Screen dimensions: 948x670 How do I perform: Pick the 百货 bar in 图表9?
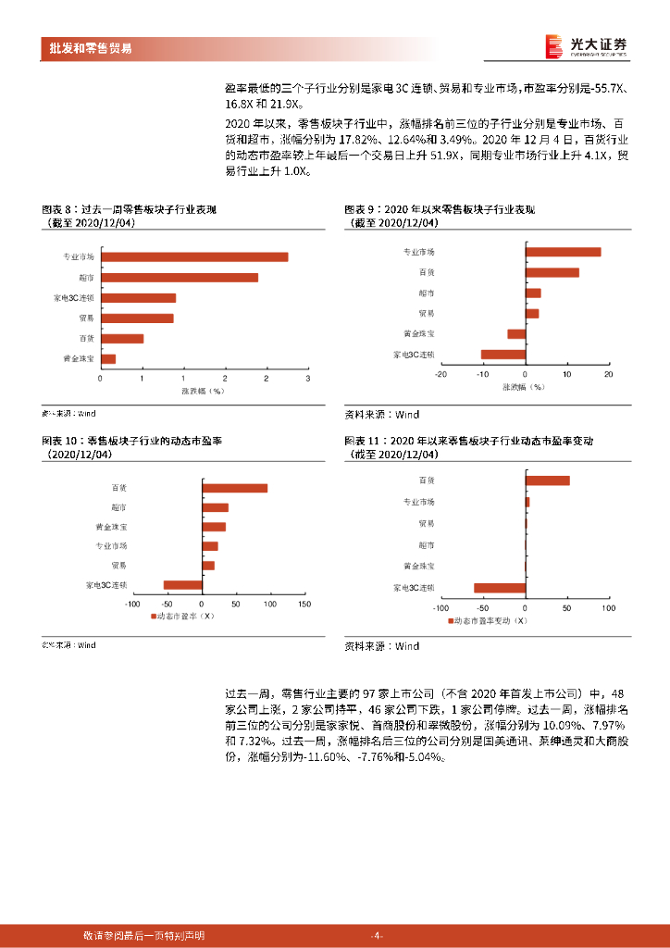pyautogui.click(x=552, y=272)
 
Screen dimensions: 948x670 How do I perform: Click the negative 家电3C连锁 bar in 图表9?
pyautogui.click(x=503, y=355)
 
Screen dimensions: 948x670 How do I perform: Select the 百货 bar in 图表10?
pyautogui.click(x=235, y=488)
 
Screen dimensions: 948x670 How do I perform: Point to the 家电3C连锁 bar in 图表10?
pyautogui.click(x=182, y=584)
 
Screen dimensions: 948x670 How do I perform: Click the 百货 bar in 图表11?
pyautogui.click(x=547, y=480)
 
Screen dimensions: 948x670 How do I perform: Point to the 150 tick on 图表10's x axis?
pyautogui.click(x=303, y=603)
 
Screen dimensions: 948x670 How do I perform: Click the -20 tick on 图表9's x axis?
pyautogui.click(x=440, y=374)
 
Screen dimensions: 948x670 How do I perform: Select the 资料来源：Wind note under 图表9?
pyautogui.click(x=381, y=415)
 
